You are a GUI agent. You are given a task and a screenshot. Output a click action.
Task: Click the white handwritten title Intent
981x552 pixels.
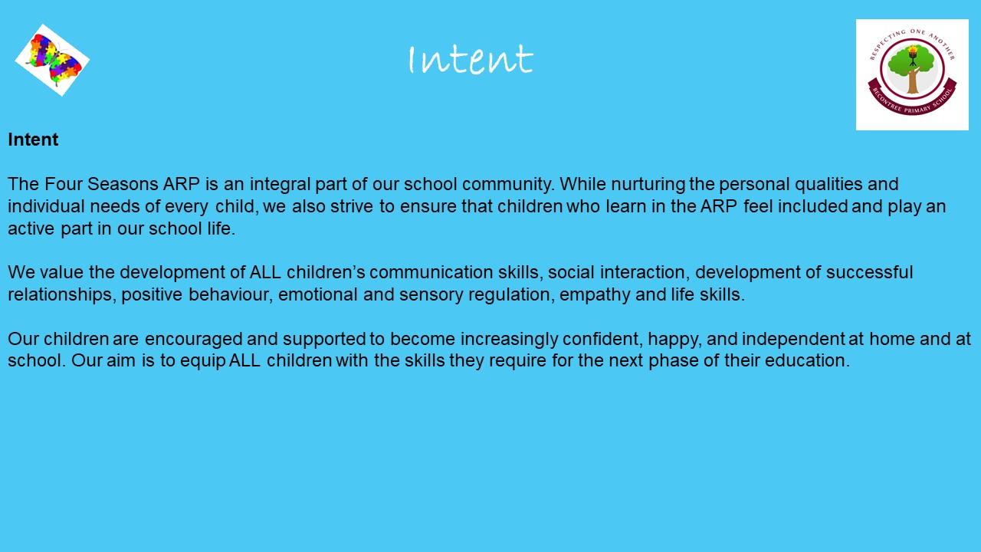coord(471,59)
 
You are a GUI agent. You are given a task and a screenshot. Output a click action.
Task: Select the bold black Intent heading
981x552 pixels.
coord(33,140)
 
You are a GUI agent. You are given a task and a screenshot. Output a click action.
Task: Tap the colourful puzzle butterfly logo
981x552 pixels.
coord(53,60)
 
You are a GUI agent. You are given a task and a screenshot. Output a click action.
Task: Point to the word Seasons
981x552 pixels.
coord(123,184)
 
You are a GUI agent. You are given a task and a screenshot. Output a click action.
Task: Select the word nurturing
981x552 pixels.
coord(648,185)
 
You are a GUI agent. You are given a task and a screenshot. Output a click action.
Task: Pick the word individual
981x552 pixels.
coord(46,206)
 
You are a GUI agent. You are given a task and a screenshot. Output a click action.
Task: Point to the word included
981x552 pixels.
coord(812,206)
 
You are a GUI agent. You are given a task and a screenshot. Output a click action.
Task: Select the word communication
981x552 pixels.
coord(431,272)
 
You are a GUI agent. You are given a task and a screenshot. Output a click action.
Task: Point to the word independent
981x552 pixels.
coord(793,340)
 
